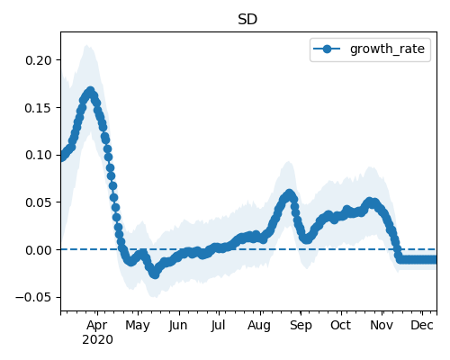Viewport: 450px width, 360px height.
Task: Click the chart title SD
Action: pyautogui.click(x=247, y=20)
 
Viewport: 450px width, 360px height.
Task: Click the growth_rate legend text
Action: pyautogui.click(x=387, y=49)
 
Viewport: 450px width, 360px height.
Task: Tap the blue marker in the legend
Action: pyautogui.click(x=327, y=49)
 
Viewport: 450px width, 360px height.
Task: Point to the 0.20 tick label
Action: pyautogui.click(x=39, y=60)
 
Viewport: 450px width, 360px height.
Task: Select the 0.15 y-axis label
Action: pyautogui.click(x=39, y=108)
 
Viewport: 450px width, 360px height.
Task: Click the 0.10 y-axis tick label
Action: pyautogui.click(x=39, y=155)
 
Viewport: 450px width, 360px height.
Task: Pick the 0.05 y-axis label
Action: pyautogui.click(x=39, y=202)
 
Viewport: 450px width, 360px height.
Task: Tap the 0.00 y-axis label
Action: pyautogui.click(x=39, y=250)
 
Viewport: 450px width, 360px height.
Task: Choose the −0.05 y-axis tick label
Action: pyautogui.click(x=34, y=297)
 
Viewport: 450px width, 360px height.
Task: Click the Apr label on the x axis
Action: pyautogui.click(x=97, y=325)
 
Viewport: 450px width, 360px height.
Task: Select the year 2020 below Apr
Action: pyautogui.click(x=97, y=340)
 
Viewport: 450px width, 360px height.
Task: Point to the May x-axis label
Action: pyautogui.click(x=138, y=326)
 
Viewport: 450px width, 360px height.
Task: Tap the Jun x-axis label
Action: pyautogui.click(x=178, y=326)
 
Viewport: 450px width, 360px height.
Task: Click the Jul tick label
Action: pyautogui.click(x=218, y=325)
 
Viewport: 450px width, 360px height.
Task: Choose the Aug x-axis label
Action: pyautogui.click(x=259, y=326)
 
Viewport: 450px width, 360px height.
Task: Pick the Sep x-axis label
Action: pyautogui.click(x=301, y=326)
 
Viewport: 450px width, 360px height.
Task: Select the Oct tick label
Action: pyautogui.click(x=341, y=325)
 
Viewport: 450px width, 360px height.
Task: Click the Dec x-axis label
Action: pyautogui.click(x=422, y=325)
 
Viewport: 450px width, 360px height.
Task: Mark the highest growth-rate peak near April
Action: pyautogui.click(x=91, y=91)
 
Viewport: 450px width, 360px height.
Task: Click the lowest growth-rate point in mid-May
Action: pyautogui.click(x=155, y=274)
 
